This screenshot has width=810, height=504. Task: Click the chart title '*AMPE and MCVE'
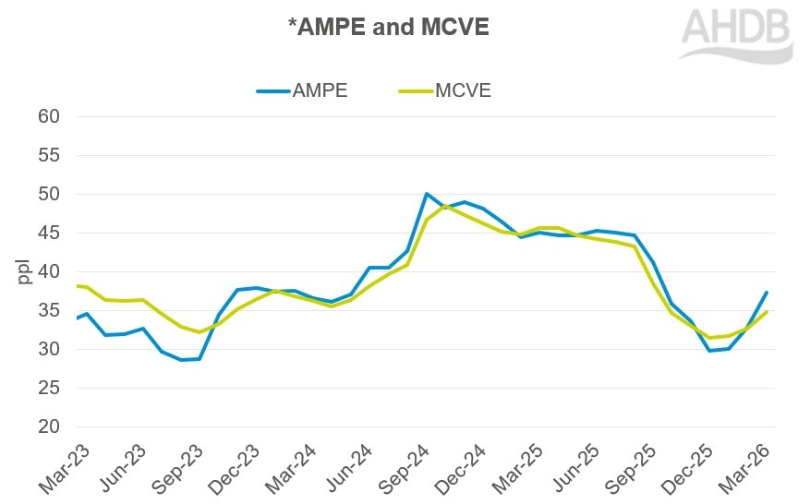388,29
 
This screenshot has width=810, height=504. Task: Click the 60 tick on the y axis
48,117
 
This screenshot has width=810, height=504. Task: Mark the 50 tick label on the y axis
48,195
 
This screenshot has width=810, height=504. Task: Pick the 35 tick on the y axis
48,311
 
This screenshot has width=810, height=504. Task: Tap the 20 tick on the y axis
48,427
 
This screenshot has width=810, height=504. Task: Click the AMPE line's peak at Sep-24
426,194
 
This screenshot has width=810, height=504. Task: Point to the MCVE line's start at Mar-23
78,286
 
